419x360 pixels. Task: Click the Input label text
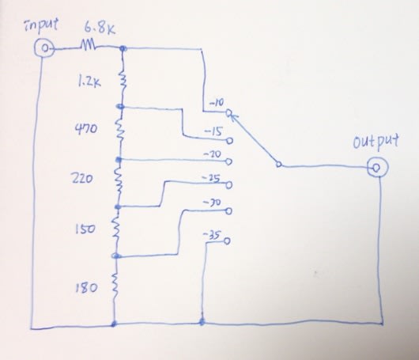(x=41, y=26)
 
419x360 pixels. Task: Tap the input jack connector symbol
(x=44, y=48)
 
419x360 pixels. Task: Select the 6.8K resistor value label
(x=100, y=28)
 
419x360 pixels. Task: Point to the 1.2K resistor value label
(x=89, y=82)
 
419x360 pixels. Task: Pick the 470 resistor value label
(x=85, y=130)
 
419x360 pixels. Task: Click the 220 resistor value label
(x=82, y=178)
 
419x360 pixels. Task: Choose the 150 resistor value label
(x=85, y=229)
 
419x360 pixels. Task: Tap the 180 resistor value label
(x=86, y=288)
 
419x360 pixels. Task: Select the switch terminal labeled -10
(x=228, y=113)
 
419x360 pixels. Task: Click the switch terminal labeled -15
(x=230, y=141)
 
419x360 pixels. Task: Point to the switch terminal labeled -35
(x=227, y=241)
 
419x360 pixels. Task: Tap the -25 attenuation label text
(x=211, y=178)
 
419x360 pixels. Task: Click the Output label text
(x=376, y=141)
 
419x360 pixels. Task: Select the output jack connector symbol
(x=377, y=168)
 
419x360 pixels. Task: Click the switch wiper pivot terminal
(x=278, y=165)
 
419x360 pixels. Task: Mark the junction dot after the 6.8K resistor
(x=123, y=48)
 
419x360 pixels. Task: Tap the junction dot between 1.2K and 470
(x=120, y=107)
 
